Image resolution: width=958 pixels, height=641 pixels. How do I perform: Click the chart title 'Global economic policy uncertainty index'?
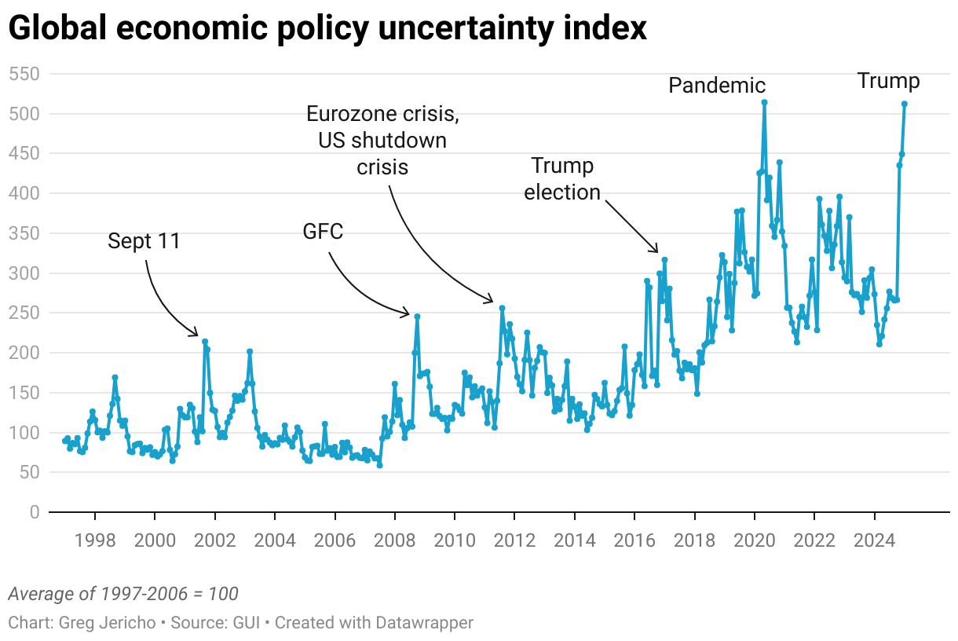pyautogui.click(x=327, y=29)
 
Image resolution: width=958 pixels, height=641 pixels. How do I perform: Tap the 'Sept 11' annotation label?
pyautogui.click(x=144, y=241)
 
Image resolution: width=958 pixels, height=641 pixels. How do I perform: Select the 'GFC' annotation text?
pyautogui.click(x=323, y=231)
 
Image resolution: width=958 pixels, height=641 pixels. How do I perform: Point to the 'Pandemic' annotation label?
pyautogui.click(x=716, y=86)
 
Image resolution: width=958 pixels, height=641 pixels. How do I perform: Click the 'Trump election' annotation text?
pyautogui.click(x=562, y=179)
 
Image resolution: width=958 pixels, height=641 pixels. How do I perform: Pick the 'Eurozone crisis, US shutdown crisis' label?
pyautogui.click(x=382, y=141)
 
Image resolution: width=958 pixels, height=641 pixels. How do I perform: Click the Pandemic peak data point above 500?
pyautogui.click(x=764, y=102)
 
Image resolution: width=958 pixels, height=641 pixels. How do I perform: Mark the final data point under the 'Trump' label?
pyautogui.click(x=905, y=104)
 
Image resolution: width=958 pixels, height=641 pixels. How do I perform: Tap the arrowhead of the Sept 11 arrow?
pyautogui.click(x=197, y=335)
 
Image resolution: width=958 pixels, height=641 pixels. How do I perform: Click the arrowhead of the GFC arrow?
pyautogui.click(x=408, y=314)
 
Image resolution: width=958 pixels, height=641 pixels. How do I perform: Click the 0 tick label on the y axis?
pyautogui.click(x=34, y=512)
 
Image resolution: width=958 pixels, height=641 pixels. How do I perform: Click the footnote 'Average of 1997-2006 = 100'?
pyautogui.click(x=122, y=593)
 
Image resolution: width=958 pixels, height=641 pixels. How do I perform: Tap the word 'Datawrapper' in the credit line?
pyautogui.click(x=425, y=623)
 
